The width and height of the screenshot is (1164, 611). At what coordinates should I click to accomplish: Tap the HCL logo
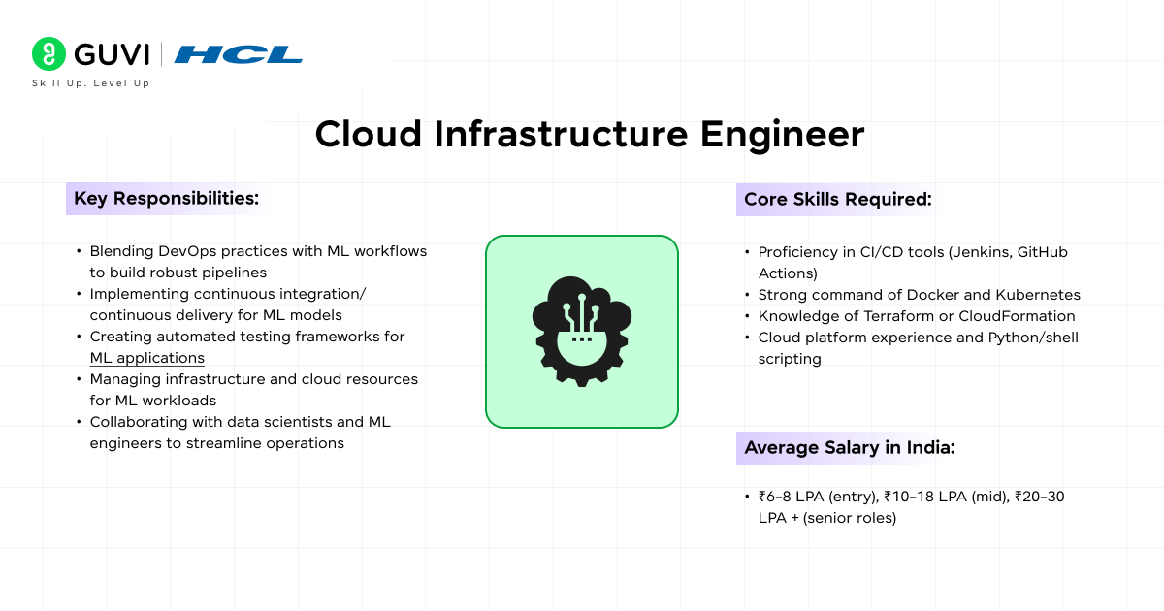click(238, 54)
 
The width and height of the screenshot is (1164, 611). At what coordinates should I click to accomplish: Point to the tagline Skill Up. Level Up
click(90, 83)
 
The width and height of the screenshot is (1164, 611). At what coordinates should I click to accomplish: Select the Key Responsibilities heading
click(166, 199)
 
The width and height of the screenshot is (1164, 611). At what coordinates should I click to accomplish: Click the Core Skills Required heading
click(837, 200)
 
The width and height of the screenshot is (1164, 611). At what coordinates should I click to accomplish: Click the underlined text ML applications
click(146, 358)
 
